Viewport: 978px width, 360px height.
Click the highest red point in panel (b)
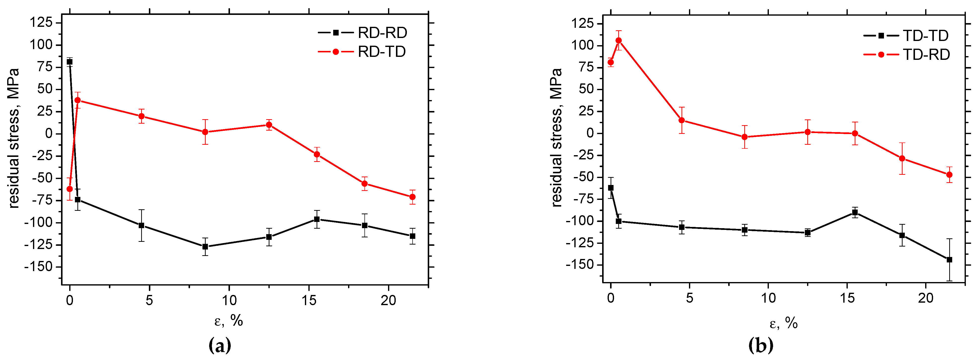[619, 40]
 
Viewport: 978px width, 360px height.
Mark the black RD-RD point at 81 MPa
[69, 62]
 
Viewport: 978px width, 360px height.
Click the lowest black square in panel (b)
[949, 260]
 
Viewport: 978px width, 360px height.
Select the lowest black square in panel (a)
[205, 247]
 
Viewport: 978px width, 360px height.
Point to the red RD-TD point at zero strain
[69, 189]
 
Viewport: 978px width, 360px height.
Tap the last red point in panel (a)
[412, 197]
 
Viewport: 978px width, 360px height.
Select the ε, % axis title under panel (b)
[783, 324]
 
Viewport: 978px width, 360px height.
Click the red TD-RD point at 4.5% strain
[682, 120]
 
